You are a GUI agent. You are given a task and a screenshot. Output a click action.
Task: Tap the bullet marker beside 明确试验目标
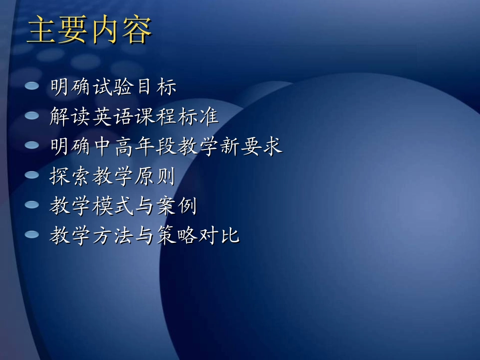pyautogui.click(x=32, y=86)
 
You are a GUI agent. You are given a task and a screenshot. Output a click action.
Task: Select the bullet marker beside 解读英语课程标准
pyautogui.click(x=32, y=116)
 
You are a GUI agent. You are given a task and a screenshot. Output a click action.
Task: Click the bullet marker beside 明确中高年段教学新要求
pyautogui.click(x=32, y=145)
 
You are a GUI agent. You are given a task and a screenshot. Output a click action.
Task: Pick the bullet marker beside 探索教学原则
pyautogui.click(x=32, y=175)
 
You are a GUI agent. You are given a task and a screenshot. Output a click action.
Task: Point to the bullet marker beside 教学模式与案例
pyautogui.click(x=32, y=205)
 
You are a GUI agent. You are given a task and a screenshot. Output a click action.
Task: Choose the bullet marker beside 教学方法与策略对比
pyautogui.click(x=32, y=235)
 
